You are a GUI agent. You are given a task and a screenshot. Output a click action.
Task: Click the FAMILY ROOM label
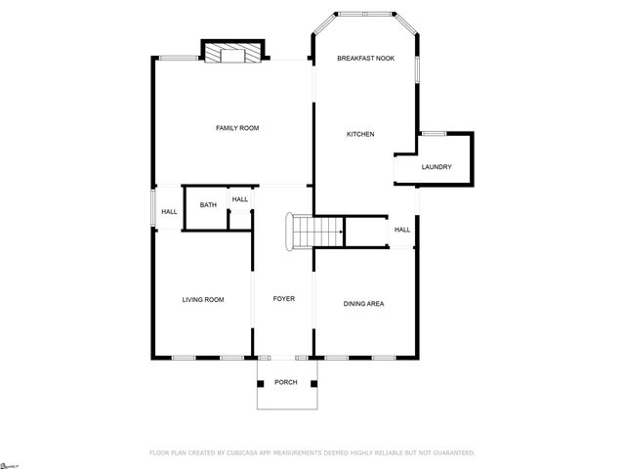(x=237, y=128)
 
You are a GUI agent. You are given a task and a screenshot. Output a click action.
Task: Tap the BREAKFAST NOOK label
(x=365, y=59)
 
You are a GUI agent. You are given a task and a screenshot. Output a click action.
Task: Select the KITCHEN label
(x=360, y=134)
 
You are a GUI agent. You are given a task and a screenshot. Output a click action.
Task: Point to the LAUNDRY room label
(x=437, y=167)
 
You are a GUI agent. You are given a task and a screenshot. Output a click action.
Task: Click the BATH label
(x=208, y=205)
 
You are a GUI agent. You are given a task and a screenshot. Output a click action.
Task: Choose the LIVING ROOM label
(x=203, y=300)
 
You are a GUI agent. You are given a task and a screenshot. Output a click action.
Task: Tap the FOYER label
(x=283, y=299)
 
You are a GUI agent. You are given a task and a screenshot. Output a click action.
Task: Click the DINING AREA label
(x=363, y=304)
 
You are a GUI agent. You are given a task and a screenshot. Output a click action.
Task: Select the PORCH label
(x=285, y=381)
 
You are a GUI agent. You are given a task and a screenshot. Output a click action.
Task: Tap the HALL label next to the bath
(x=240, y=199)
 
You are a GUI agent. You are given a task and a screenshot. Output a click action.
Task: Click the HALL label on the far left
(x=169, y=212)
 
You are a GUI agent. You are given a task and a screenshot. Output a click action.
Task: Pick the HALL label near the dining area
(x=402, y=230)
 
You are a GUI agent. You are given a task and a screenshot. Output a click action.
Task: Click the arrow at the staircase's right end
(x=340, y=232)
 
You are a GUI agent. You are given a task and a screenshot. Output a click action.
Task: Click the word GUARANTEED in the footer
(x=448, y=452)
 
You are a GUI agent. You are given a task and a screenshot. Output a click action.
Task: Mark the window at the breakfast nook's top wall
(x=364, y=14)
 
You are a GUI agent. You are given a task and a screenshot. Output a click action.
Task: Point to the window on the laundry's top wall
(x=433, y=132)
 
